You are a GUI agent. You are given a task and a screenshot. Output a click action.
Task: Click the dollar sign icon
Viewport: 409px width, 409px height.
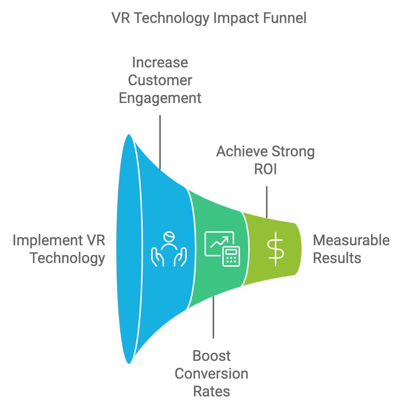pos(276,249)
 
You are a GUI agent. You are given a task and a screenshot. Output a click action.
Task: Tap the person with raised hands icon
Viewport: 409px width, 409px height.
pos(169,249)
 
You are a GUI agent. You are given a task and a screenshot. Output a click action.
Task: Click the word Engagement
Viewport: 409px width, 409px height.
pos(160,98)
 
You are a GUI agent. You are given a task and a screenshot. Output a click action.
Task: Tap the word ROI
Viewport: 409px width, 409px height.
pos(265,169)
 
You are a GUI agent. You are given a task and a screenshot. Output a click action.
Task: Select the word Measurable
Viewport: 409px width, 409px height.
pos(351,240)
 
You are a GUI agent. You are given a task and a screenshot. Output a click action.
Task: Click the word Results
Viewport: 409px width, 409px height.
pos(337,258)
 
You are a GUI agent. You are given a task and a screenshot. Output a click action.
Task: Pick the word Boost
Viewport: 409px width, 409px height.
pos(212,356)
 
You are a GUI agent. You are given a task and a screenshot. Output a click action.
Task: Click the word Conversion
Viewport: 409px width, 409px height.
pos(212,374)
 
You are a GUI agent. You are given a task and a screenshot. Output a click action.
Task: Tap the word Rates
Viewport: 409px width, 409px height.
pos(212,392)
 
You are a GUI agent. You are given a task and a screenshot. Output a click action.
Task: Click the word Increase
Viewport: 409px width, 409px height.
pos(160,63)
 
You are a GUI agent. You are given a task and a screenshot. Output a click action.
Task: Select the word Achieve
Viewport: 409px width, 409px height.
pos(242,152)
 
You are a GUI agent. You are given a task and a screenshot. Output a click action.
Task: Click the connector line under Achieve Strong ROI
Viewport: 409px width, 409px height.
pos(266,202)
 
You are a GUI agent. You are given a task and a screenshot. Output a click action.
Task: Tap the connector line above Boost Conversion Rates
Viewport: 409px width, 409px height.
pos(213,317)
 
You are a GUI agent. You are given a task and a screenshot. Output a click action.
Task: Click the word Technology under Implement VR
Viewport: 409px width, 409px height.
pos(67,258)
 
